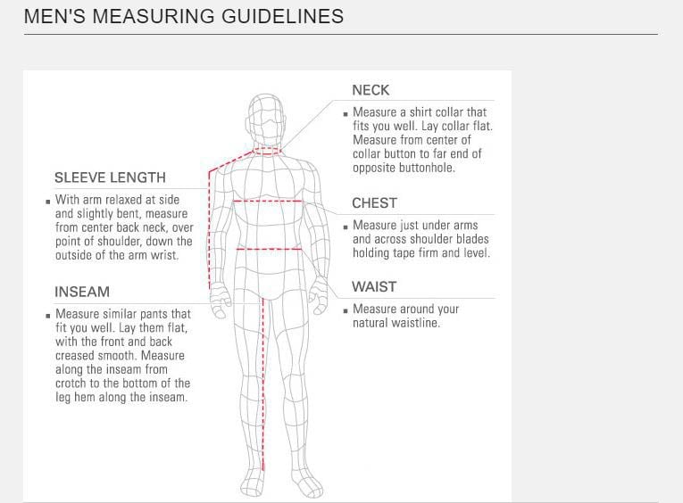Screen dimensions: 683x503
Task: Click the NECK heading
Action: point(371,90)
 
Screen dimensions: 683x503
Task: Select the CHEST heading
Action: point(375,203)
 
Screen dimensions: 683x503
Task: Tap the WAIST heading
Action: point(374,287)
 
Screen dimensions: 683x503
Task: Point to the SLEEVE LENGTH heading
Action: point(110,177)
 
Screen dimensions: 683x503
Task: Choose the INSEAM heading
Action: point(82,292)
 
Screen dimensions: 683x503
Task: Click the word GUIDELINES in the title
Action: point(283,16)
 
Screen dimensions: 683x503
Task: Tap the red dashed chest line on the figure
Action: point(268,201)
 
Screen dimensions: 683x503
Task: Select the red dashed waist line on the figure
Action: point(270,250)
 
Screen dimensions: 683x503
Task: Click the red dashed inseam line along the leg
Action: point(263,383)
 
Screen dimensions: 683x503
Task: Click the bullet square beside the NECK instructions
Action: point(346,114)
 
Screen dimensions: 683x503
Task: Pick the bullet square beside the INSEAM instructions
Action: point(48,316)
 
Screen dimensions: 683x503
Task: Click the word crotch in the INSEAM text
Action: point(71,383)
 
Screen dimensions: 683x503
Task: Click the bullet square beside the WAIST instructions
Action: point(346,310)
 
